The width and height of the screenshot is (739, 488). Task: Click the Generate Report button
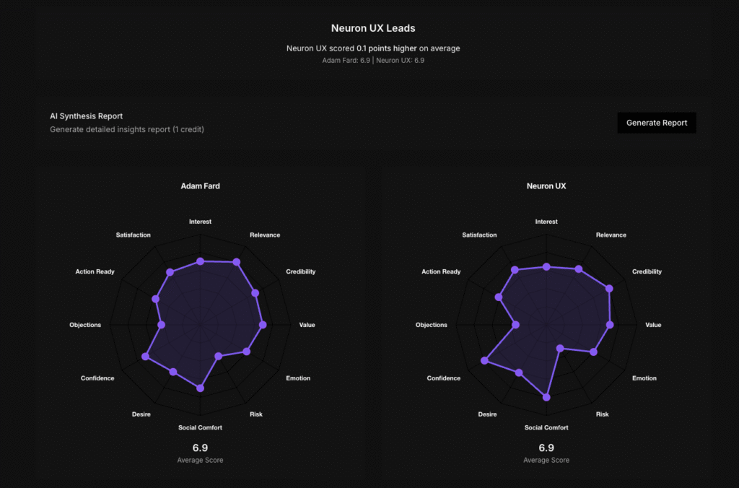pos(657,123)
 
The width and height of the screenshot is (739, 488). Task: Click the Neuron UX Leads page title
pos(373,28)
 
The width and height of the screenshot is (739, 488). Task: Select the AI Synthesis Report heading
pos(86,116)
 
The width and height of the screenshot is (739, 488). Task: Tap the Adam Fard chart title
pos(200,186)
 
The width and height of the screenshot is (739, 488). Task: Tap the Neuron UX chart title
pos(546,186)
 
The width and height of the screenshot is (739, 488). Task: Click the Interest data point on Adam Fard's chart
pos(201,261)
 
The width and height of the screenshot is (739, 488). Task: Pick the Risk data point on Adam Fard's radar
pos(219,356)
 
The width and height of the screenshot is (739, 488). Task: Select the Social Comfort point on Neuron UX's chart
pos(546,397)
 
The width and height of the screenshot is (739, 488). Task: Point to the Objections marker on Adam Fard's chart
pos(162,325)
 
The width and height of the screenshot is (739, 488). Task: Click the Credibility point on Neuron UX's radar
pos(609,289)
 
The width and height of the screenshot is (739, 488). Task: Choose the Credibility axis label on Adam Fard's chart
pos(300,271)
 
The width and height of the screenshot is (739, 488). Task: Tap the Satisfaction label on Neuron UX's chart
pos(479,235)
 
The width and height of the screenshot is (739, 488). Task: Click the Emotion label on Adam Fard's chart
pos(298,378)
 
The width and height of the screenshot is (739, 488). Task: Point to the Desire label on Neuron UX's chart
pos(487,414)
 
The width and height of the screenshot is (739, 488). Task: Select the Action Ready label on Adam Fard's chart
pos(95,271)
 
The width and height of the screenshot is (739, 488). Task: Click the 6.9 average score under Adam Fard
pos(200,448)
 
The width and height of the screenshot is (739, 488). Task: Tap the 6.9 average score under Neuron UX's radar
pos(546,448)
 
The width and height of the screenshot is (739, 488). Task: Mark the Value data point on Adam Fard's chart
pos(263,325)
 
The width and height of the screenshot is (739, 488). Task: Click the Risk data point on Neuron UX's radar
pos(559,348)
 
